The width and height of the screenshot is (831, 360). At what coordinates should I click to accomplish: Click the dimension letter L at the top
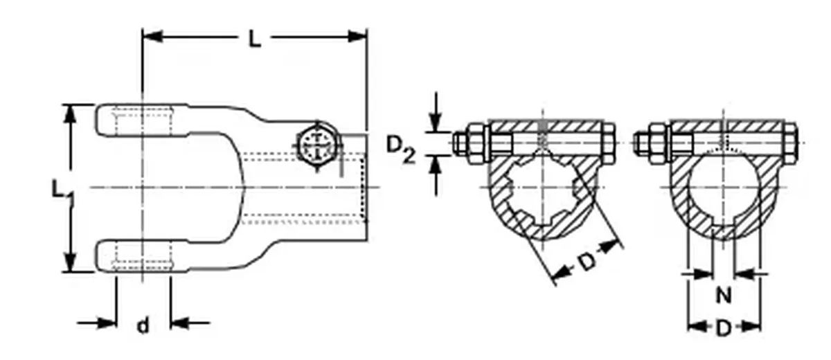(x=255, y=39)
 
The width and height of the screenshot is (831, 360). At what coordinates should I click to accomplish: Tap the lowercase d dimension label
(x=143, y=325)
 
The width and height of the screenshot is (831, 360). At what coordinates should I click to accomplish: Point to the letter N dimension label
(x=723, y=296)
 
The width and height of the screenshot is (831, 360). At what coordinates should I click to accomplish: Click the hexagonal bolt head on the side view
(x=318, y=145)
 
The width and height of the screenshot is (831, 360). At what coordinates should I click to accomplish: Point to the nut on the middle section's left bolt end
(x=476, y=141)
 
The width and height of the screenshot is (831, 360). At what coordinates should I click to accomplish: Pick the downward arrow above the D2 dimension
(x=436, y=123)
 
